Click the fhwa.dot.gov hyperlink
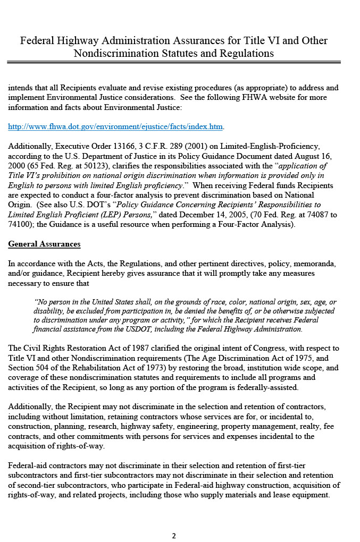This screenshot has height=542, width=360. click(115, 126)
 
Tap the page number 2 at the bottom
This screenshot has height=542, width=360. click(174, 536)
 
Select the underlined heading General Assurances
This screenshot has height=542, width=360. click(44, 244)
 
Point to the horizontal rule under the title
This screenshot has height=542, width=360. click(174, 62)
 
